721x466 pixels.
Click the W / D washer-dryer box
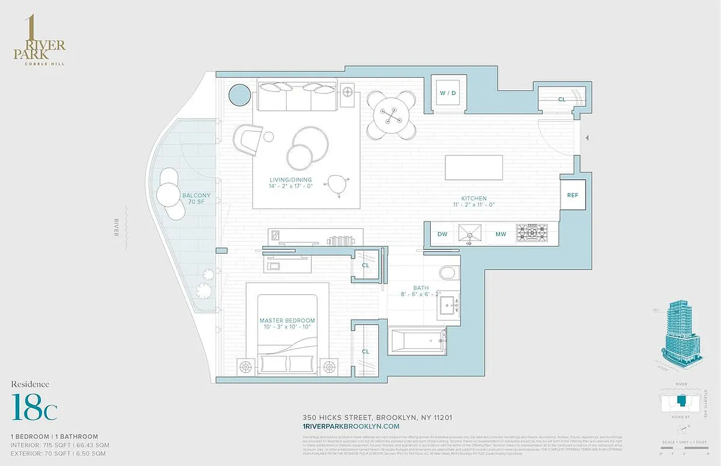coord(448,93)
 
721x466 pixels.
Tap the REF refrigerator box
coord(572,195)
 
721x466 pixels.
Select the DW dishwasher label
coord(443,234)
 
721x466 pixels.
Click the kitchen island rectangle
coord(474,168)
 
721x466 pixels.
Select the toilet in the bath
coord(449,274)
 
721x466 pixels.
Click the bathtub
coord(417,341)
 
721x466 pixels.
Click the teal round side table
coord(238,95)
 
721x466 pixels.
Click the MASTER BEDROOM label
coord(287,323)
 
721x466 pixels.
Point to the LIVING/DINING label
coord(290,183)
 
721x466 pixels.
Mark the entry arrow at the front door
coord(588,138)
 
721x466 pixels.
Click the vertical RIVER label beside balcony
coord(117,227)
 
